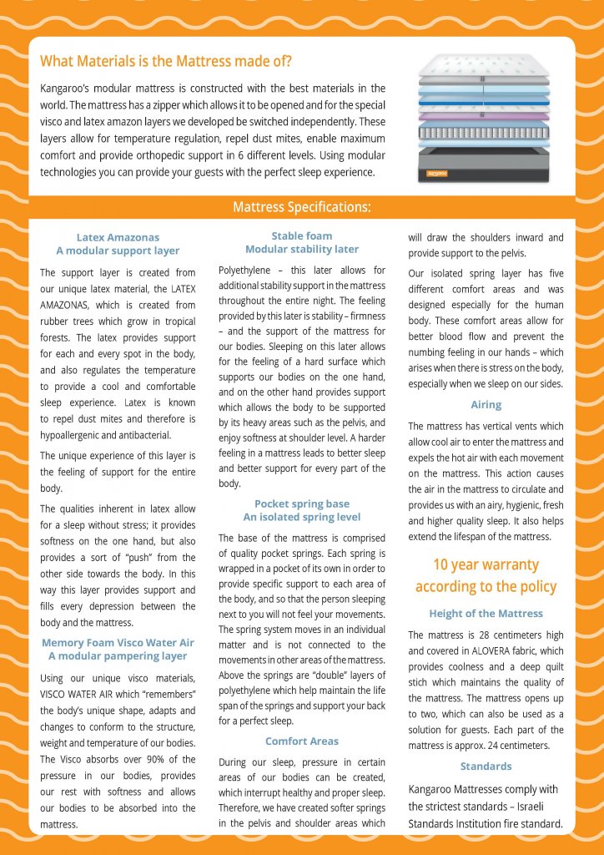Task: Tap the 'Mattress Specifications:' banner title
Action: (x=302, y=207)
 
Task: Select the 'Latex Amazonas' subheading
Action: (x=118, y=237)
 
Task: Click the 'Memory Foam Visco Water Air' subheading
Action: (x=118, y=642)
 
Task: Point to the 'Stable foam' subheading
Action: (x=302, y=236)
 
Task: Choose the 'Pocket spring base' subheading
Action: (x=302, y=503)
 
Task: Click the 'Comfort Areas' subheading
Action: (x=302, y=741)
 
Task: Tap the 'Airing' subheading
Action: (x=486, y=404)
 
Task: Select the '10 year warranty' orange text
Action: (x=486, y=564)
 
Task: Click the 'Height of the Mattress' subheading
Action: (x=486, y=614)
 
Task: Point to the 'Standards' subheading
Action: (x=486, y=766)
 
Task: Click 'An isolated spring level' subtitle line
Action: (x=302, y=517)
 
